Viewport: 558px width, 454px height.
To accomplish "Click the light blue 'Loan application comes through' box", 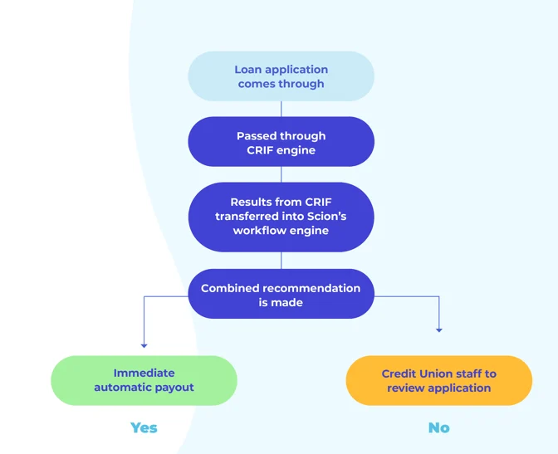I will pos(281,76).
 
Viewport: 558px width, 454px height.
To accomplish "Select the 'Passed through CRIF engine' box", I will pos(281,142).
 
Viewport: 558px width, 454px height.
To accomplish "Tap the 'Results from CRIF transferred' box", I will pos(281,216).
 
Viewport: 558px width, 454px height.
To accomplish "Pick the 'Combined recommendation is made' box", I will pos(281,295).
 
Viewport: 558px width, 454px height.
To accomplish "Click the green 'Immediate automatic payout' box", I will pos(144,380).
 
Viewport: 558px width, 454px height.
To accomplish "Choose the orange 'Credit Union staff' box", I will pos(438,380).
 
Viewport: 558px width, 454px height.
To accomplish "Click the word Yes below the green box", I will pos(144,427).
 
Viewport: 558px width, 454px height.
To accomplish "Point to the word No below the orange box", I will pos(438,427).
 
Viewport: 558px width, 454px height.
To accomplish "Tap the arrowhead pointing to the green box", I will pos(144,344).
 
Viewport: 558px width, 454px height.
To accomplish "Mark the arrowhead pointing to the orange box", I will pos(438,330).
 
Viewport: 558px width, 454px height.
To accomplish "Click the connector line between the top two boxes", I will pos(281,109).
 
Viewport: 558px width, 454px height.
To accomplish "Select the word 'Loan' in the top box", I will pos(248,70).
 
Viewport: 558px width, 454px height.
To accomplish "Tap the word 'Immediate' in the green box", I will pos(144,373).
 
